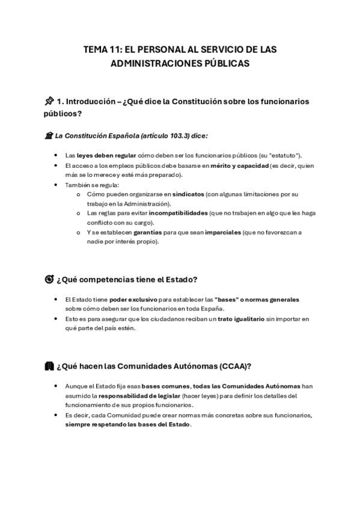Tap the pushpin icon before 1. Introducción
coord(49,101)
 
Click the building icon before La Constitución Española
coord(49,136)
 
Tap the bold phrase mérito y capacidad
coord(236,165)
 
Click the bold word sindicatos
coord(188,194)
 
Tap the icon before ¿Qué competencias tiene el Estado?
coord(49,279)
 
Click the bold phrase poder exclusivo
coord(129,299)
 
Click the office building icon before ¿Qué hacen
coord(49,366)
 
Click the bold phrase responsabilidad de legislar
coord(136,396)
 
